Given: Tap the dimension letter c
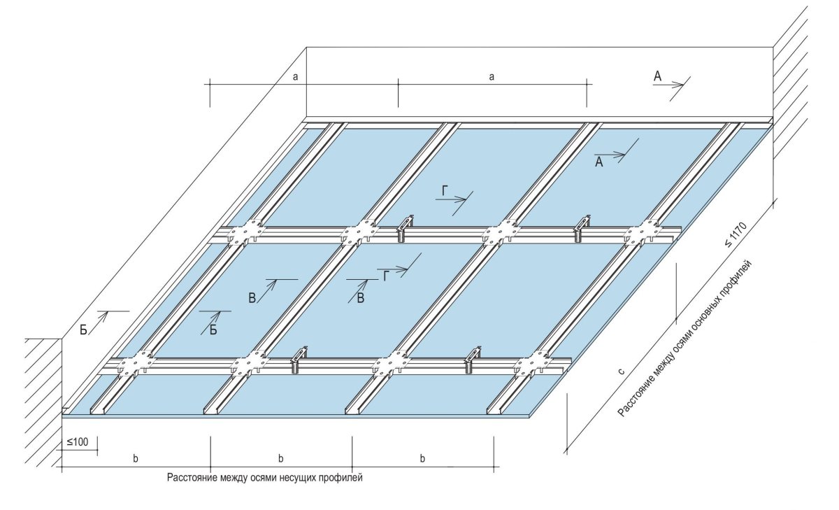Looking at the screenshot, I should point(621,371).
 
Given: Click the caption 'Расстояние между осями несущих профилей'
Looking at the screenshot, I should point(265,478).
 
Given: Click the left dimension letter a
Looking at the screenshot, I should point(296,77).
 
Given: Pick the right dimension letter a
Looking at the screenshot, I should point(492,77).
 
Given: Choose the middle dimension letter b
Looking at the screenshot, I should point(280,459).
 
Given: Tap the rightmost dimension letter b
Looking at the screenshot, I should point(422,459).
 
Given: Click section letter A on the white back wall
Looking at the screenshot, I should point(657,77).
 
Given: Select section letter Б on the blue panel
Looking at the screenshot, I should point(214,330).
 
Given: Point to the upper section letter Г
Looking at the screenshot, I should point(445,190).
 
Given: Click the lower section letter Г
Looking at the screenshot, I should point(385,276).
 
